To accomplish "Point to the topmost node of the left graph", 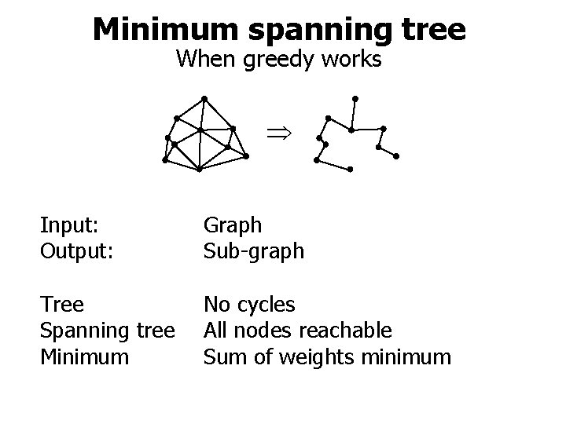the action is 204,98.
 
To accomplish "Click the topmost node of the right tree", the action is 355,98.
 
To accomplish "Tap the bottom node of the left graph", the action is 200,169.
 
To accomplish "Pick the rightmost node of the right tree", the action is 397,156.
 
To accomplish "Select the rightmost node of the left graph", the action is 246,156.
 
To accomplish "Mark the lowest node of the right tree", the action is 350,170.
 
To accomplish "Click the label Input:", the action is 69,225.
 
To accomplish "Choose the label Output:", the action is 75,250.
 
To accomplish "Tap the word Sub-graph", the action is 253,250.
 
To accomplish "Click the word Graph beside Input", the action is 233,225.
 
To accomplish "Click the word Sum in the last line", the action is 221,357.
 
